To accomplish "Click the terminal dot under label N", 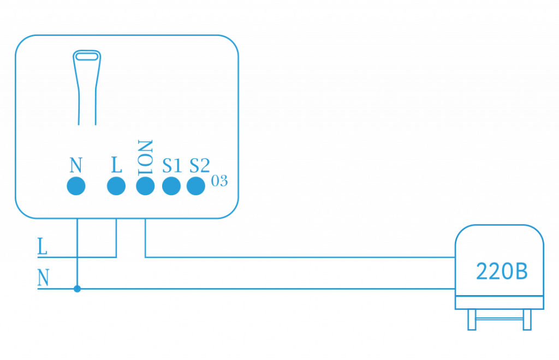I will [76, 186].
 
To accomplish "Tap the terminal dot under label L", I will [116, 186].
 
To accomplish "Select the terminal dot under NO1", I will [145, 186].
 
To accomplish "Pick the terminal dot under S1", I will [171, 186].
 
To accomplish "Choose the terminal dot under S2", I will [197, 186].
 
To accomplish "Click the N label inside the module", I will [76, 165].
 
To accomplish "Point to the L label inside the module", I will [116, 165].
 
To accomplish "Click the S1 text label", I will [171, 165].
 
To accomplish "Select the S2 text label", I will [199, 165].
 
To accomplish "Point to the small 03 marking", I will [219, 182].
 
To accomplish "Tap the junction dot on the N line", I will [77, 289].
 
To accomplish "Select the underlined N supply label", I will [43, 279].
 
